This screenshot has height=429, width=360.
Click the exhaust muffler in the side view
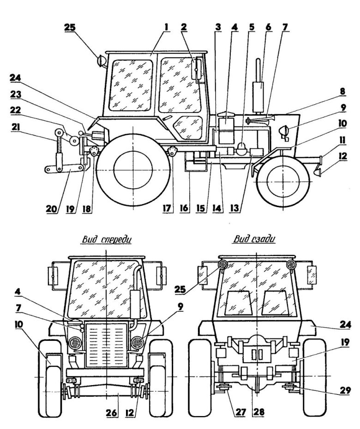click(258, 90)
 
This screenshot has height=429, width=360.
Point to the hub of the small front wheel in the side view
click(281, 181)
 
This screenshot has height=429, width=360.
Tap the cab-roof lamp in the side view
click(100, 60)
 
